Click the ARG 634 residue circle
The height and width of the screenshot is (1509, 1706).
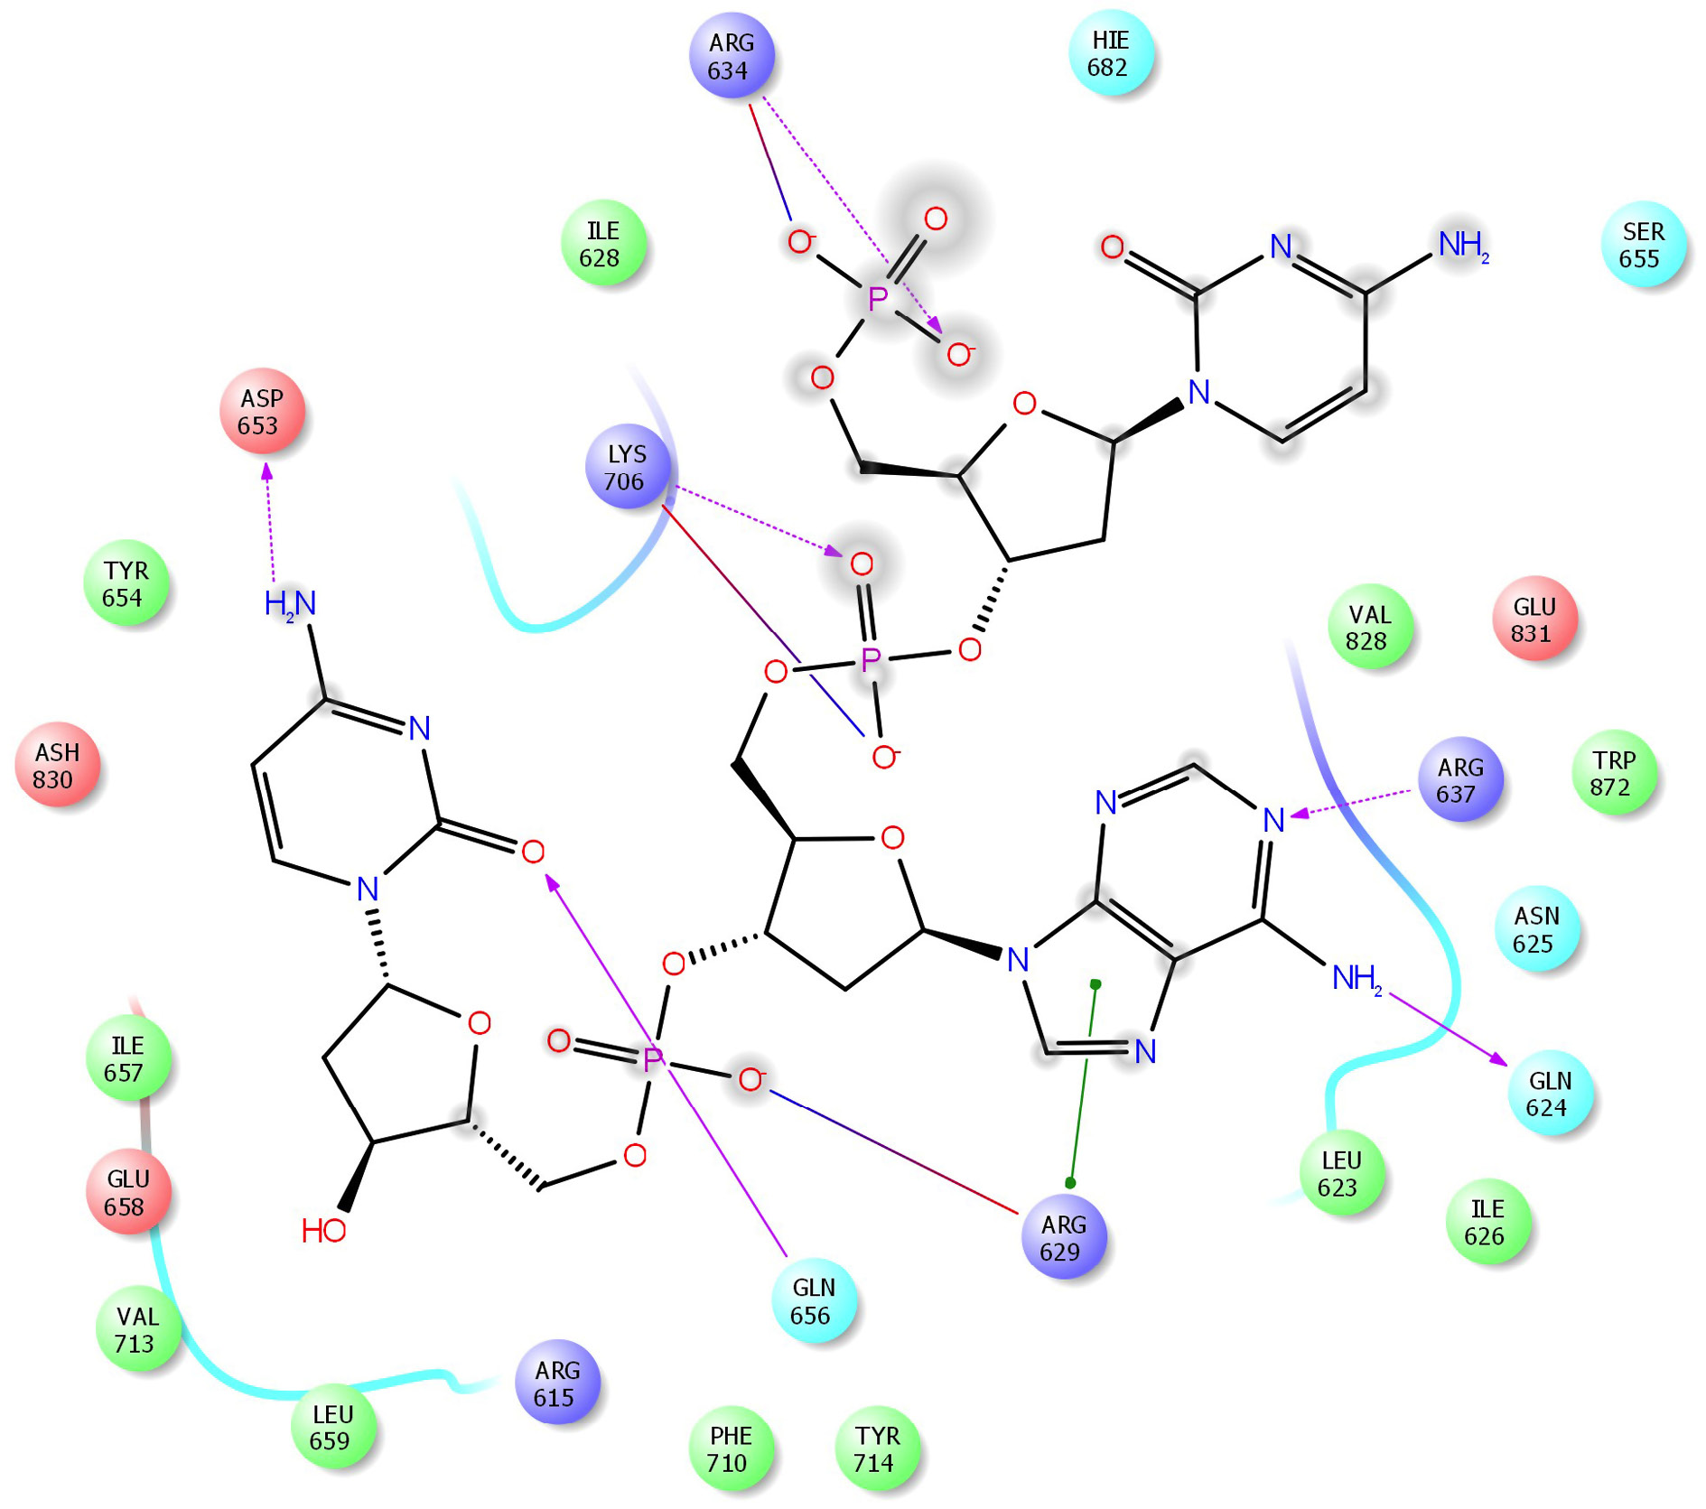pos(731,56)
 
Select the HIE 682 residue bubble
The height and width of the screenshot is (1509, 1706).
pos(1110,53)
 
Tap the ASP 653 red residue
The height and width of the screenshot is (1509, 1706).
pos(262,411)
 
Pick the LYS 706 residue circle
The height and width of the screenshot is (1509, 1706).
pos(628,467)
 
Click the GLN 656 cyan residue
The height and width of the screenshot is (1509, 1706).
pos(814,1300)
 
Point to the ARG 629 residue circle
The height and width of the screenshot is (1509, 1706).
pos(1063,1237)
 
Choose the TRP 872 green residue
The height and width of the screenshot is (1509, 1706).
pos(1614,773)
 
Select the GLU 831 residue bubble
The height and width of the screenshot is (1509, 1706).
pos(1534,619)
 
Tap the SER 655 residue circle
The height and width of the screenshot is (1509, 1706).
pos(1643,245)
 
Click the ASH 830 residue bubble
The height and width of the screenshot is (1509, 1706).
pos(57,765)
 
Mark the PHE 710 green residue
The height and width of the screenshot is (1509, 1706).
pos(731,1448)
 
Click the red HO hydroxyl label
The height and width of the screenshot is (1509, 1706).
pos(323,1230)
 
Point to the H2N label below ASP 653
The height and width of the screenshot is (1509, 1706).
pos(290,603)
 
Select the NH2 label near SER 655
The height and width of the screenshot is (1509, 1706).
pos(1463,245)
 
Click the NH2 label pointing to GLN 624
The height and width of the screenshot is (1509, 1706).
pos(1356,978)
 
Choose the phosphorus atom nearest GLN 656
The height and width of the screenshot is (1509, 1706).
pos(652,1059)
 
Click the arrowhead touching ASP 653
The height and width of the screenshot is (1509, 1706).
pos(266,471)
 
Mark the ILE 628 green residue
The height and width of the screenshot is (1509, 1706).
pos(602,244)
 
